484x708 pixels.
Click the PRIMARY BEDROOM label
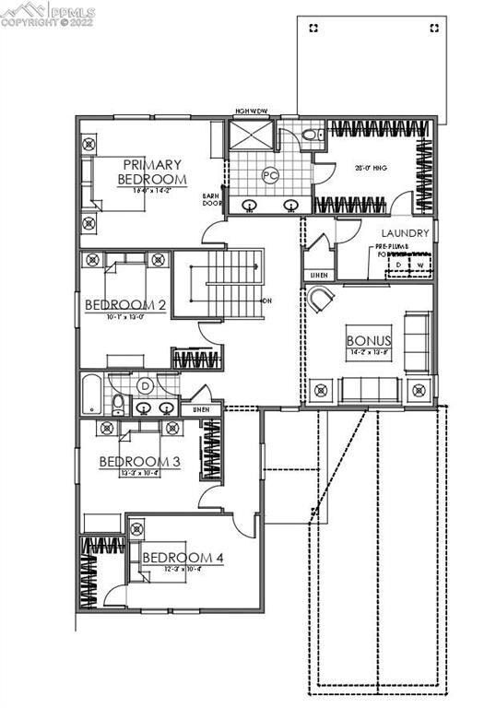(x=152, y=171)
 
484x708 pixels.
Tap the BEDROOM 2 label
(x=125, y=305)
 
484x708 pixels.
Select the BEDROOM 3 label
(x=138, y=461)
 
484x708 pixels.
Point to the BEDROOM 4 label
(x=182, y=557)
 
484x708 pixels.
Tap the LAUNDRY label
(x=406, y=234)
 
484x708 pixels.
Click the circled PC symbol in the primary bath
(x=270, y=173)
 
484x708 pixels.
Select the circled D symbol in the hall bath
(x=145, y=384)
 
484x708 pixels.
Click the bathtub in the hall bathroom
(x=93, y=393)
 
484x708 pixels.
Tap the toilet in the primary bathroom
(x=311, y=135)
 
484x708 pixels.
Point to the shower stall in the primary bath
(x=251, y=136)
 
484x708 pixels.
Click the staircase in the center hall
(x=226, y=287)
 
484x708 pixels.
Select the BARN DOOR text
(x=211, y=200)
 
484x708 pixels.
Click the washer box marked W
(x=419, y=265)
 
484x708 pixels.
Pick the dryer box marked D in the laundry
(x=399, y=265)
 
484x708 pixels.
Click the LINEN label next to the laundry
(x=318, y=275)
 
